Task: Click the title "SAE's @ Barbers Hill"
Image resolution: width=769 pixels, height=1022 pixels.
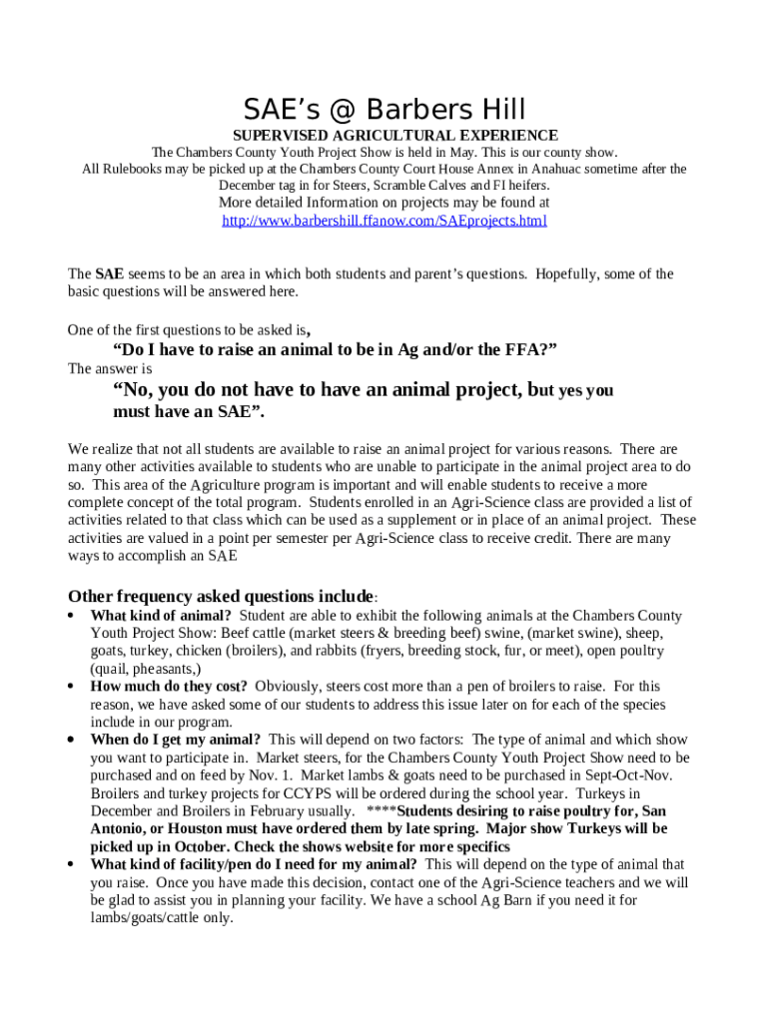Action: (x=384, y=109)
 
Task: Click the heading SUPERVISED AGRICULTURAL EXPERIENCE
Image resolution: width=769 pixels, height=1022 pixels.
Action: (x=394, y=135)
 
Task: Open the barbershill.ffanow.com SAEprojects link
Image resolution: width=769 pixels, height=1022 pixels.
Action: (x=384, y=221)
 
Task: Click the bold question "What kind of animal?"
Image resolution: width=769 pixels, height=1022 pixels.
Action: (x=161, y=616)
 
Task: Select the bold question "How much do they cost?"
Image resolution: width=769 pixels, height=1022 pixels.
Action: (x=169, y=687)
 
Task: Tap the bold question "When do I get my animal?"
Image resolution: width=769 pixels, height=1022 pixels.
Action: (x=176, y=740)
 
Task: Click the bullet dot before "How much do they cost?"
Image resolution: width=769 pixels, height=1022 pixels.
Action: (x=71, y=687)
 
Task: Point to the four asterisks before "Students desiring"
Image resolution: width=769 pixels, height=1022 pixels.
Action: (x=383, y=811)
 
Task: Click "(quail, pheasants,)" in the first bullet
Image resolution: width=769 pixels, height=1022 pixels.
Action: (x=146, y=669)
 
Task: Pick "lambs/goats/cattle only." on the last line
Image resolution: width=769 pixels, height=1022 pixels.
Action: (x=162, y=918)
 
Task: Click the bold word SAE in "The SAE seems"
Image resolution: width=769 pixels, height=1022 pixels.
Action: (x=110, y=273)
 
